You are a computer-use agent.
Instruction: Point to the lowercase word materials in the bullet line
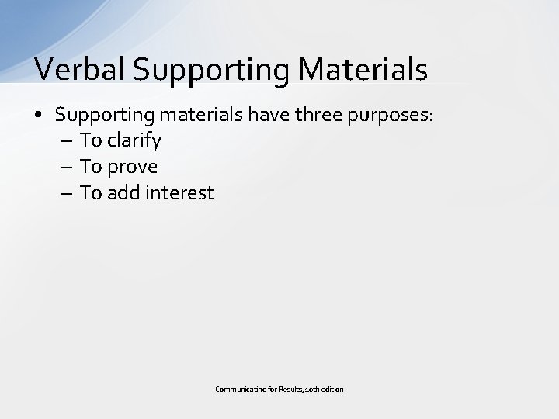point(200,116)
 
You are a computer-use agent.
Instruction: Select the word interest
point(179,192)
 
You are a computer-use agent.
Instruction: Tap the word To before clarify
point(91,141)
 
